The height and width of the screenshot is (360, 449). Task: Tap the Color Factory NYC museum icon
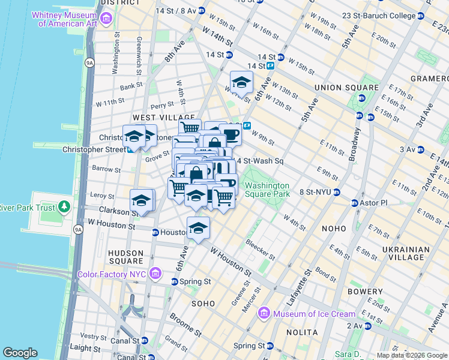point(155,274)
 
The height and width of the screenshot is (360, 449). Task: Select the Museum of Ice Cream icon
point(264,314)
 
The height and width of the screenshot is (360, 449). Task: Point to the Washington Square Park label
point(267,190)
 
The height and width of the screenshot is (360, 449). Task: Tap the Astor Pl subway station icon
point(354,203)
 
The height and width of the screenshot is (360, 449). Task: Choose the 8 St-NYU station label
point(315,193)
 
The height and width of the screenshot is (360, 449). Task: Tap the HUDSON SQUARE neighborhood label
point(125,257)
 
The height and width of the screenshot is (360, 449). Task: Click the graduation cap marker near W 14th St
point(241,82)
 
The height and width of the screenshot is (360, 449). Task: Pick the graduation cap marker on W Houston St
point(198,227)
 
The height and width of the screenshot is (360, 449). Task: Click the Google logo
point(20,353)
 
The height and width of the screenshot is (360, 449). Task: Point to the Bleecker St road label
point(260,250)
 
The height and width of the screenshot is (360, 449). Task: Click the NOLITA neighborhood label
point(303,332)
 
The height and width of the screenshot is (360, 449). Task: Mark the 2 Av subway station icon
point(367,326)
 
